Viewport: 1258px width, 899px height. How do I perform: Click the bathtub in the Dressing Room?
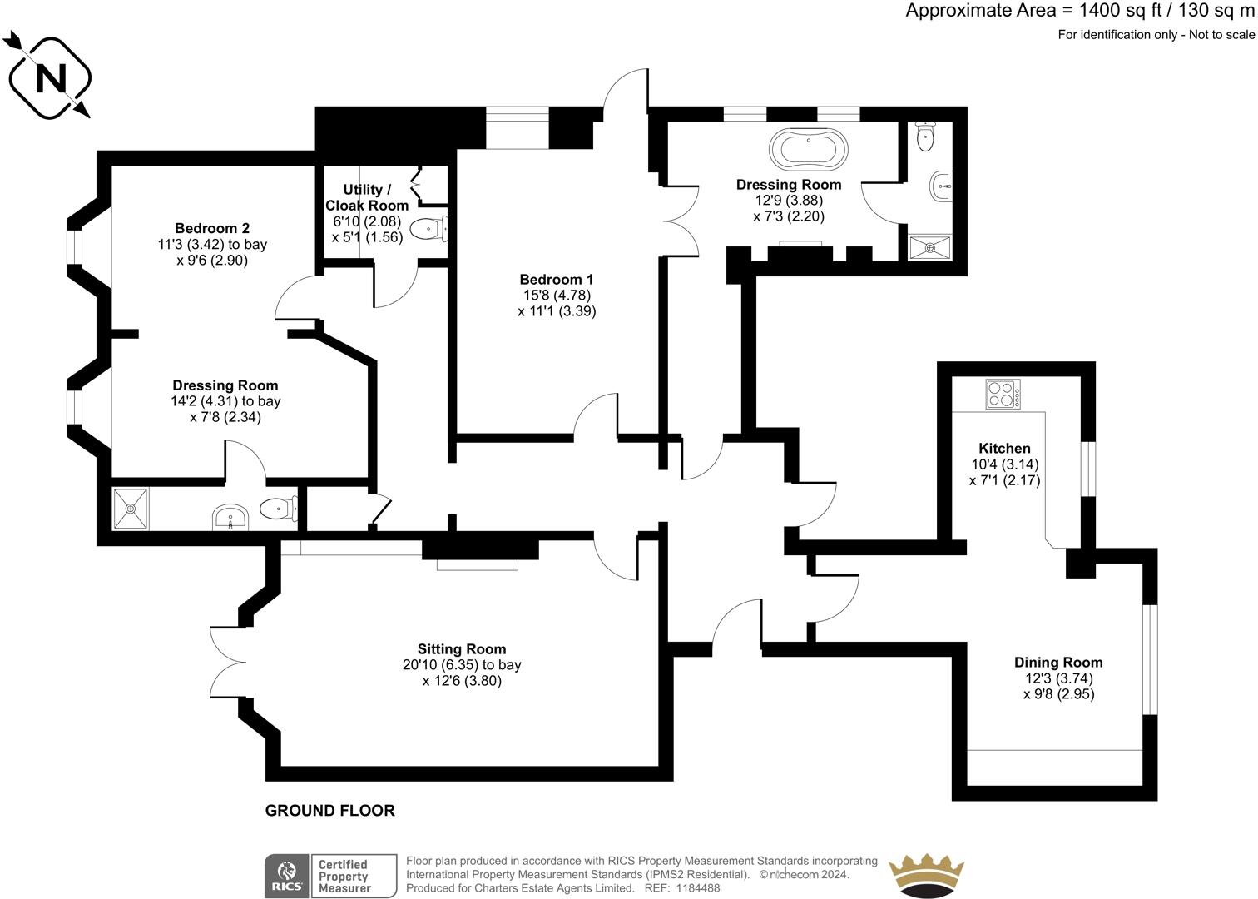(810, 150)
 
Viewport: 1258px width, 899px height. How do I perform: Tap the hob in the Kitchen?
(1003, 394)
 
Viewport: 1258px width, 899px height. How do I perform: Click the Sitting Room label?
(462, 649)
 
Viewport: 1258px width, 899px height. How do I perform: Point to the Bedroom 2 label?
(212, 228)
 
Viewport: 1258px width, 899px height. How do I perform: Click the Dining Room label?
(1058, 663)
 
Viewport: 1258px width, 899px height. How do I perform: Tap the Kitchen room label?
(1004, 449)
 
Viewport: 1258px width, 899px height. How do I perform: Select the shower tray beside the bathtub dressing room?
(929, 246)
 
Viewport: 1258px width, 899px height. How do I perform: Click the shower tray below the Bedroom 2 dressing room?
(131, 507)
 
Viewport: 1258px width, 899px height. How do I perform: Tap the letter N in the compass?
(49, 78)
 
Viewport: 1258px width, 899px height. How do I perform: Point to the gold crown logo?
(926, 877)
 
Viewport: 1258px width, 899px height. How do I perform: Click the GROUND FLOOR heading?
(329, 810)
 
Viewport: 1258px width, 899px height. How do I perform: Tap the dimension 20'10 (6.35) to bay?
(462, 665)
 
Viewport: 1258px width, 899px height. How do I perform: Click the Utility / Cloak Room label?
(367, 197)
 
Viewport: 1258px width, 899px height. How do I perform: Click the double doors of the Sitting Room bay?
(226, 663)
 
